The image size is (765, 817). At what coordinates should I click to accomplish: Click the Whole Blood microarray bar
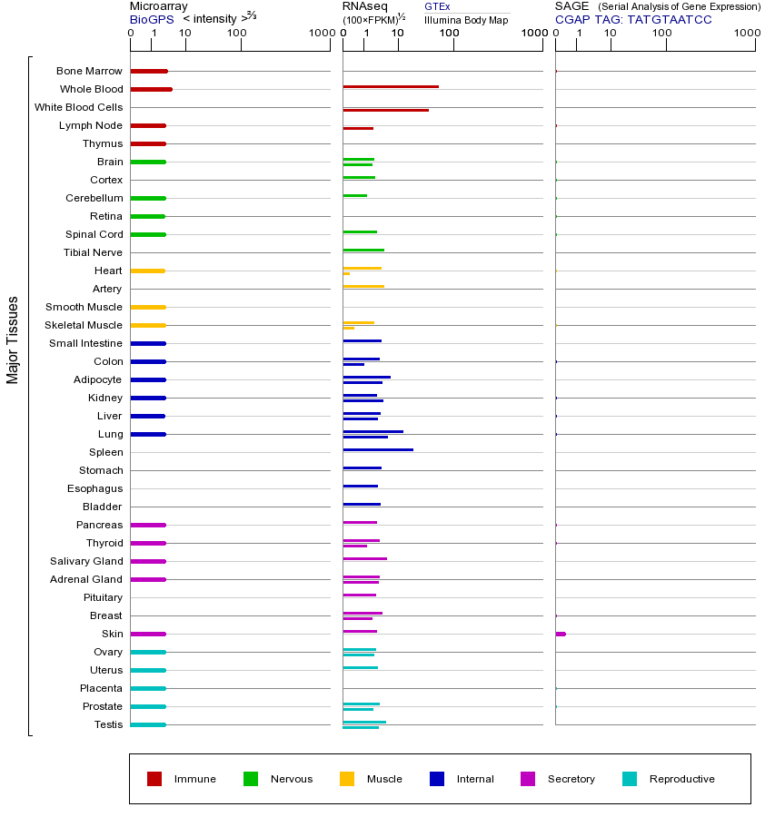[x=151, y=89]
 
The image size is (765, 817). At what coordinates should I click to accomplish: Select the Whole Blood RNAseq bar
[x=391, y=87]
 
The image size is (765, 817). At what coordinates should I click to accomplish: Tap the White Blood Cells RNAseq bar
[x=385, y=110]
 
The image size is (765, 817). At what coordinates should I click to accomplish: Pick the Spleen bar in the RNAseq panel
[x=378, y=449]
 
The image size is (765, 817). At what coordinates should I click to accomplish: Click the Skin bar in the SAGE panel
[x=561, y=634]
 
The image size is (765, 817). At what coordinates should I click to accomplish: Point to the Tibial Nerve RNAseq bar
[x=363, y=250]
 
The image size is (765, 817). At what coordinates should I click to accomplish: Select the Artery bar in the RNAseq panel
[x=363, y=286]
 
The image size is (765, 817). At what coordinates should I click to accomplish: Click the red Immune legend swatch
[x=154, y=779]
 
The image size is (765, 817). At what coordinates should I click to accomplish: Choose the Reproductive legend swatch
[x=630, y=779]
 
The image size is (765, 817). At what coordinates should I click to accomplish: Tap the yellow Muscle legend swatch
[x=347, y=779]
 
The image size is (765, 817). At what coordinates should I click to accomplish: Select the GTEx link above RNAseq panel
[x=437, y=6]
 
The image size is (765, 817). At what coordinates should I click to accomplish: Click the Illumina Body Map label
[x=466, y=19]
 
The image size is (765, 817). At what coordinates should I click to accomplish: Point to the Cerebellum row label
[x=94, y=198]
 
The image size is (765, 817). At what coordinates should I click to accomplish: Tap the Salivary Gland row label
[x=86, y=561]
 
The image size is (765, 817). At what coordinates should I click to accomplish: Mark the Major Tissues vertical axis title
[x=13, y=340]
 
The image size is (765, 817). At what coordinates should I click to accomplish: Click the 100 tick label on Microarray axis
[x=236, y=34]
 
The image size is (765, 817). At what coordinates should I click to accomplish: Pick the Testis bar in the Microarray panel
[x=148, y=724]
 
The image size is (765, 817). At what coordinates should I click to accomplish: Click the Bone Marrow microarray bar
[x=149, y=71]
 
